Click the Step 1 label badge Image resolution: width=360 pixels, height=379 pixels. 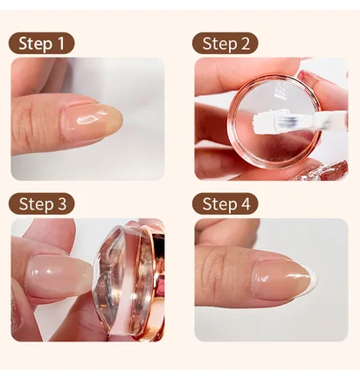pyautogui.click(x=41, y=43)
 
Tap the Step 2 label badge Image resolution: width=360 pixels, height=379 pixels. pyautogui.click(x=225, y=43)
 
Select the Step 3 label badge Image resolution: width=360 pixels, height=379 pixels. pyautogui.click(x=41, y=203)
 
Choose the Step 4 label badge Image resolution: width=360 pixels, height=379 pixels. pyautogui.click(x=225, y=203)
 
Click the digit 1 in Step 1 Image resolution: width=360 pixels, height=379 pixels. pyautogui.click(x=60, y=43)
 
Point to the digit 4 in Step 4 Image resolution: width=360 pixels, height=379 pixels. pyautogui.click(x=246, y=203)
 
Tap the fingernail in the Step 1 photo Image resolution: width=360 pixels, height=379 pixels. pyautogui.click(x=91, y=121)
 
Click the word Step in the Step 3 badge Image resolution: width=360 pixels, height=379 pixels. pyautogui.click(x=36, y=203)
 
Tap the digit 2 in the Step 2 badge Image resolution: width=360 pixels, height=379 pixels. pyautogui.click(x=245, y=44)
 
